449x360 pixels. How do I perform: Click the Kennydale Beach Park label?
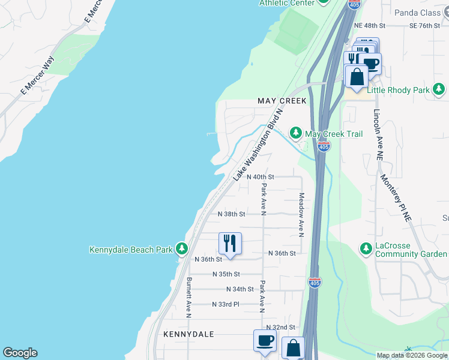(130, 250)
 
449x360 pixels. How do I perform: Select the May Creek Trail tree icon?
(295, 133)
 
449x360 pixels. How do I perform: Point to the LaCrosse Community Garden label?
(411, 250)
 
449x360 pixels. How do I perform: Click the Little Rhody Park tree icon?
(439, 90)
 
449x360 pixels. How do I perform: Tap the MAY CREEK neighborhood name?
(282, 101)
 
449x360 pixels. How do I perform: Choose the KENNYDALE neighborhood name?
(189, 334)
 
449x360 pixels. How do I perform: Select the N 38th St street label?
(232, 214)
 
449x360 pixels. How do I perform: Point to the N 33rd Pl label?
(226, 305)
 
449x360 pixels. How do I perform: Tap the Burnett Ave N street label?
(189, 297)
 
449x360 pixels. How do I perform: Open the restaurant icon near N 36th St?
(230, 243)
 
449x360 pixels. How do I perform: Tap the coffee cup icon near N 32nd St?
(265, 340)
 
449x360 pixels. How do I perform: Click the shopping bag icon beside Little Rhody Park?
(357, 76)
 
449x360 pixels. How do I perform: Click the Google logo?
(20, 353)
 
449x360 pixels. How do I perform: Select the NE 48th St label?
(369, 26)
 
